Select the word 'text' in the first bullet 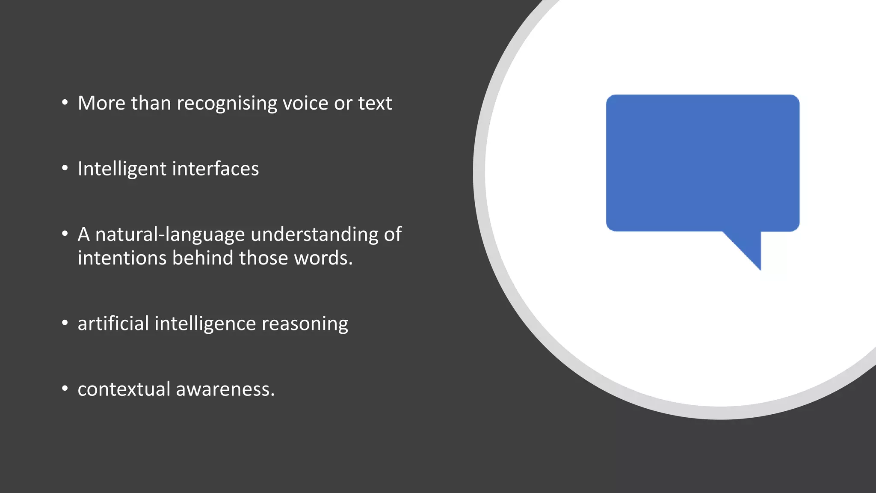point(375,103)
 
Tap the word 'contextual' point(124,389)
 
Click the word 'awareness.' point(225,389)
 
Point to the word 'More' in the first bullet point(101,103)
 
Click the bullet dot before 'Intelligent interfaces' point(65,168)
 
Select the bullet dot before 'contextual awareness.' point(65,389)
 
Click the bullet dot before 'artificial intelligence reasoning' point(65,323)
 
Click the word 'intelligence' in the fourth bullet point(205,324)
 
